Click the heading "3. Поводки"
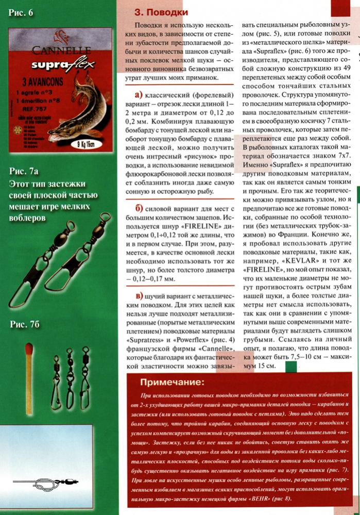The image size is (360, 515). (161, 12)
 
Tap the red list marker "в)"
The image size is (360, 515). (138, 295)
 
